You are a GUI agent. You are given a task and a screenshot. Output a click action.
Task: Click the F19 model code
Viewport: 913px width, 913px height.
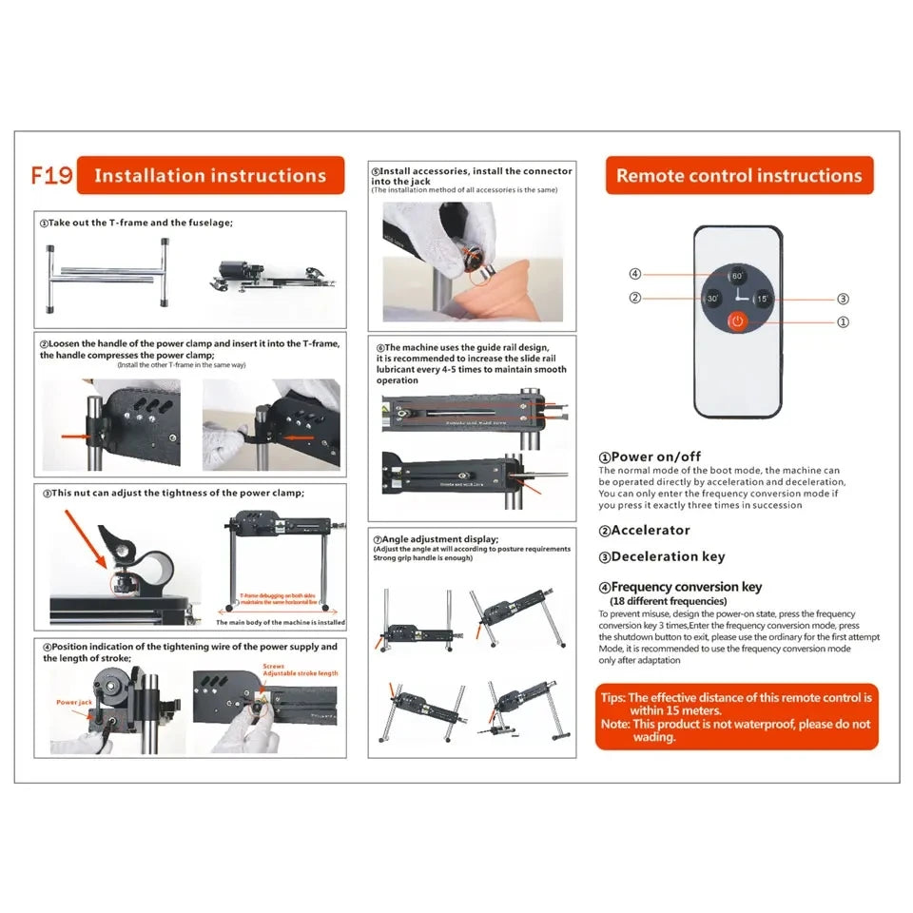point(51,176)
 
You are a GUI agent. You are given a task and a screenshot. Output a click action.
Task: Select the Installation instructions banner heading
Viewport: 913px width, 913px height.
point(210,176)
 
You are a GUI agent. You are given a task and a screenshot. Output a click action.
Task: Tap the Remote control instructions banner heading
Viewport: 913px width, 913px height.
point(739,176)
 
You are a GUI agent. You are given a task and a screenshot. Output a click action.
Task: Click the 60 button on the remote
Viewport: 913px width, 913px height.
point(736,276)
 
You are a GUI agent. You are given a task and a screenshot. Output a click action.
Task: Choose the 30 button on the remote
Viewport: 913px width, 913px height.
point(713,299)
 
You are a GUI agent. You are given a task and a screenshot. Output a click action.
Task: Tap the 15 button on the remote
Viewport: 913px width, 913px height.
point(761,299)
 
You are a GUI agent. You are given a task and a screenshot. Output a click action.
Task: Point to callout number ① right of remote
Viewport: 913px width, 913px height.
point(843,322)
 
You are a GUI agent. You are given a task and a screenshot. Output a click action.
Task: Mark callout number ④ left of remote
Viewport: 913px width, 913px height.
point(635,275)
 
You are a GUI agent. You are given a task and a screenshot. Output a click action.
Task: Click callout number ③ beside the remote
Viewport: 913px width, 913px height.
point(843,299)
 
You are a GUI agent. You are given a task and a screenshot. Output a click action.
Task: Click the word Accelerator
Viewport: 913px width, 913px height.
point(651,531)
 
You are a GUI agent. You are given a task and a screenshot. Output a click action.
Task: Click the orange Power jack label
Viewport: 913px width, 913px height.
point(74,703)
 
